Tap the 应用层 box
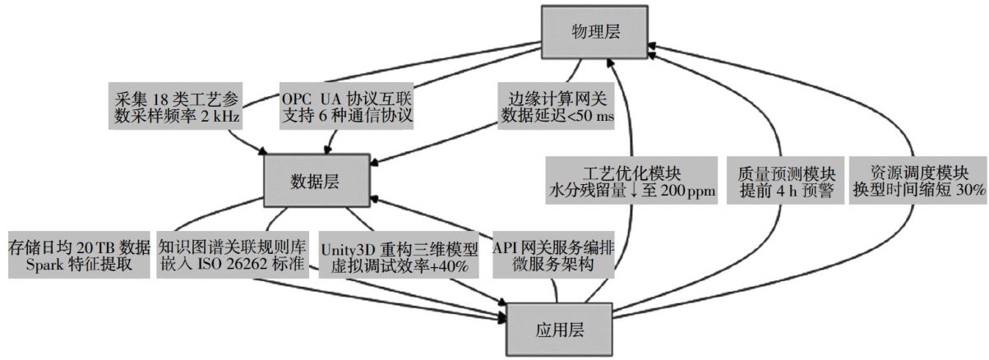[559, 327]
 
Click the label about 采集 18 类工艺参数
[174, 106]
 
